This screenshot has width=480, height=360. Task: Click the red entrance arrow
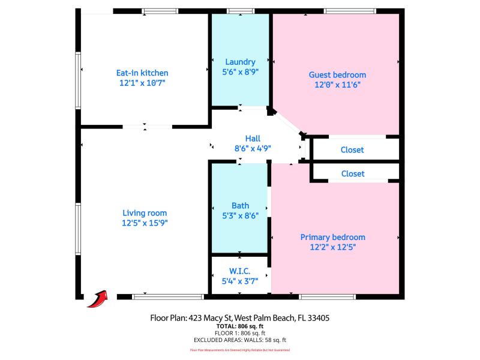[x=97, y=298]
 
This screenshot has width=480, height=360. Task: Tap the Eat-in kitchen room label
[x=142, y=73]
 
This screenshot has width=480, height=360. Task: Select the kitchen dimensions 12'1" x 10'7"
[x=142, y=83]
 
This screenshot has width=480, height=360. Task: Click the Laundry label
[x=240, y=62]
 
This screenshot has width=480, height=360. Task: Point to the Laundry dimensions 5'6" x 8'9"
[x=240, y=72]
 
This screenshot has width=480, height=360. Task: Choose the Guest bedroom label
[x=337, y=75]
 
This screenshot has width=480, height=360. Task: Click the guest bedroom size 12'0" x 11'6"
[x=337, y=85]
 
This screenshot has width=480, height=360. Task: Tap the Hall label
[x=253, y=138]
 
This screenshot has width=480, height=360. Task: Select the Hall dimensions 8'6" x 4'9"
[x=253, y=148]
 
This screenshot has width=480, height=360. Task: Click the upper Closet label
[x=352, y=150]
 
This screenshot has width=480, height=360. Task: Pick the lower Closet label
[x=352, y=173]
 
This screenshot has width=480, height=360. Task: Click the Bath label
[x=240, y=206]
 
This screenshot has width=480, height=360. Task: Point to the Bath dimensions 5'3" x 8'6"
[x=240, y=216]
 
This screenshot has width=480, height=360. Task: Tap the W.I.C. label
[x=240, y=271]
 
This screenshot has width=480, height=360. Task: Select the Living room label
[x=145, y=213]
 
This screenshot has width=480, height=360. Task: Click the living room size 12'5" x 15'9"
[x=145, y=223]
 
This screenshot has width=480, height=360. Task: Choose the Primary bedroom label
[x=332, y=237]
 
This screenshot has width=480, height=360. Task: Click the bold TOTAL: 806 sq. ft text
[x=240, y=326]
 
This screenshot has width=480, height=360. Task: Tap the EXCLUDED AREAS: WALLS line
[x=240, y=340]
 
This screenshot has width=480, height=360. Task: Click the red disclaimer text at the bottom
[x=240, y=350]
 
